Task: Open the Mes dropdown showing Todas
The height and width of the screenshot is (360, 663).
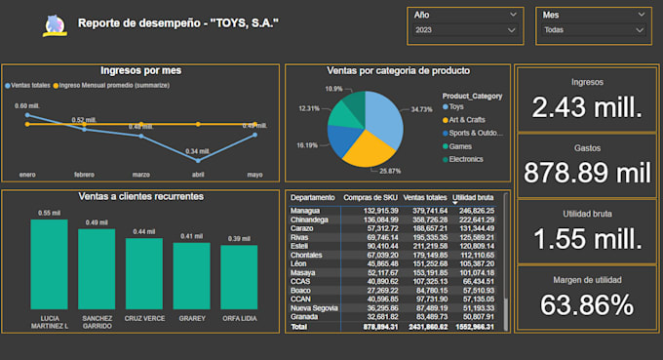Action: tap(592, 30)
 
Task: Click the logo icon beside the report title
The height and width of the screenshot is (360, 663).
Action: tap(54, 24)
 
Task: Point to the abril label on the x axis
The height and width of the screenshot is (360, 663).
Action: tap(198, 175)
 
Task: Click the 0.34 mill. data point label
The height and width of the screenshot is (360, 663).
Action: tap(198, 151)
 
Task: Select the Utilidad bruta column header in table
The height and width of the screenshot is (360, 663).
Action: tap(476, 198)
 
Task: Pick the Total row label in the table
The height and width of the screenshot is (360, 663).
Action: tap(298, 327)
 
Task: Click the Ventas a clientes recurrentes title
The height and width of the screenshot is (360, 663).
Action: tap(141, 196)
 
